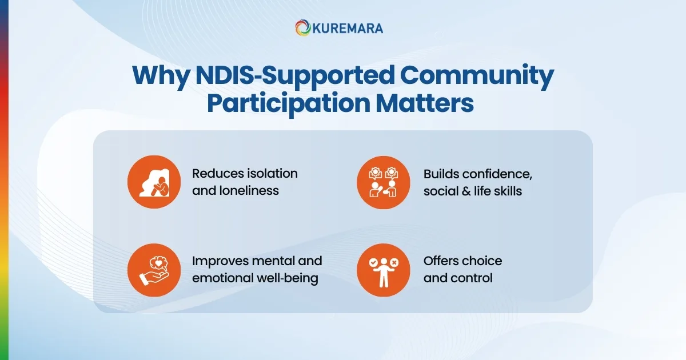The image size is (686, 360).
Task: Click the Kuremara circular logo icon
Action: click(304, 28)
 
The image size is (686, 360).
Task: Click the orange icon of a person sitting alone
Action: click(154, 182)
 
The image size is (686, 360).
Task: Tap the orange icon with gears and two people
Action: click(384, 182)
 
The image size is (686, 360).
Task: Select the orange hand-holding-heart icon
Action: click(154, 270)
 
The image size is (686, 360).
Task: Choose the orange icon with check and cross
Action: click(384, 270)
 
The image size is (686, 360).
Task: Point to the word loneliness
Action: click(248, 191)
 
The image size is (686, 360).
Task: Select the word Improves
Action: click(220, 261)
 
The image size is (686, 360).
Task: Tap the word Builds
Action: click(439, 173)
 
